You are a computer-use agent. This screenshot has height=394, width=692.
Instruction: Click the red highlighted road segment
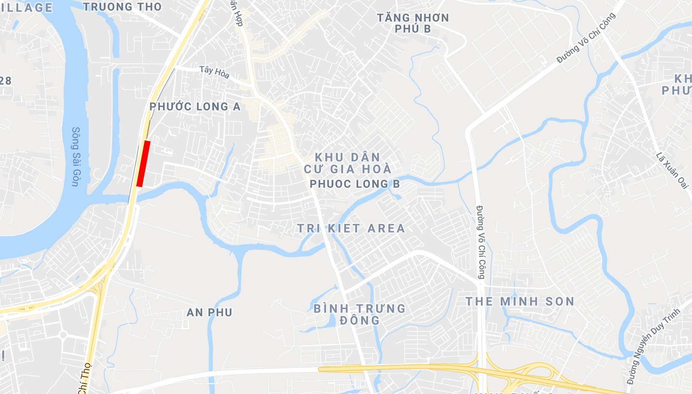click(x=143, y=164)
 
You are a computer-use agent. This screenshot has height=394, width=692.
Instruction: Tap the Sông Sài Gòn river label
click(x=75, y=156)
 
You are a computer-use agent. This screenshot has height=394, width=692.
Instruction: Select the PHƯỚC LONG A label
click(x=195, y=107)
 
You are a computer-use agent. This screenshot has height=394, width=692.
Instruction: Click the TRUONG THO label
click(x=122, y=7)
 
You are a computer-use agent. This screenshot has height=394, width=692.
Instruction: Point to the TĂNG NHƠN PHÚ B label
click(x=413, y=23)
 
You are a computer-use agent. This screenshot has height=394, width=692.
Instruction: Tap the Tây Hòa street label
click(x=214, y=72)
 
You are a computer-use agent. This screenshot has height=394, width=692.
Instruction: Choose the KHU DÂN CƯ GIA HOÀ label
click(x=348, y=163)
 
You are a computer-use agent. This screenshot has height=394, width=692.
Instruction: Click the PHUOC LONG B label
click(x=355, y=184)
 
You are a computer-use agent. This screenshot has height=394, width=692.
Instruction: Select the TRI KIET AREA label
click(x=351, y=229)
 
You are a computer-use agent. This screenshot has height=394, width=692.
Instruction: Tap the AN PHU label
click(x=209, y=312)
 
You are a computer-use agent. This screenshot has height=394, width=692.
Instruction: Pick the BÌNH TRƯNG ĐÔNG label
click(x=360, y=315)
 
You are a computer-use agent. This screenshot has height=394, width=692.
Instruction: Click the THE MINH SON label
click(x=520, y=301)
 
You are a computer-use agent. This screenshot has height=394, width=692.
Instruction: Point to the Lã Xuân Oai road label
click(x=672, y=170)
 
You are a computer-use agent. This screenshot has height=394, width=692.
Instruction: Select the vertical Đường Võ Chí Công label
click(x=481, y=242)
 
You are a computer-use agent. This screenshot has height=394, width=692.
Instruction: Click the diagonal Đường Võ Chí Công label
click(x=586, y=38)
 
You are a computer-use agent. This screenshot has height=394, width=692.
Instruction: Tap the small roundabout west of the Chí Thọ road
click(x=63, y=335)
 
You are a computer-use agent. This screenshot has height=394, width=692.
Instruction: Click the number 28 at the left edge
click(x=5, y=80)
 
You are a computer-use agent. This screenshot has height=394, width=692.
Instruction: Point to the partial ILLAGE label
click(x=26, y=8)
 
